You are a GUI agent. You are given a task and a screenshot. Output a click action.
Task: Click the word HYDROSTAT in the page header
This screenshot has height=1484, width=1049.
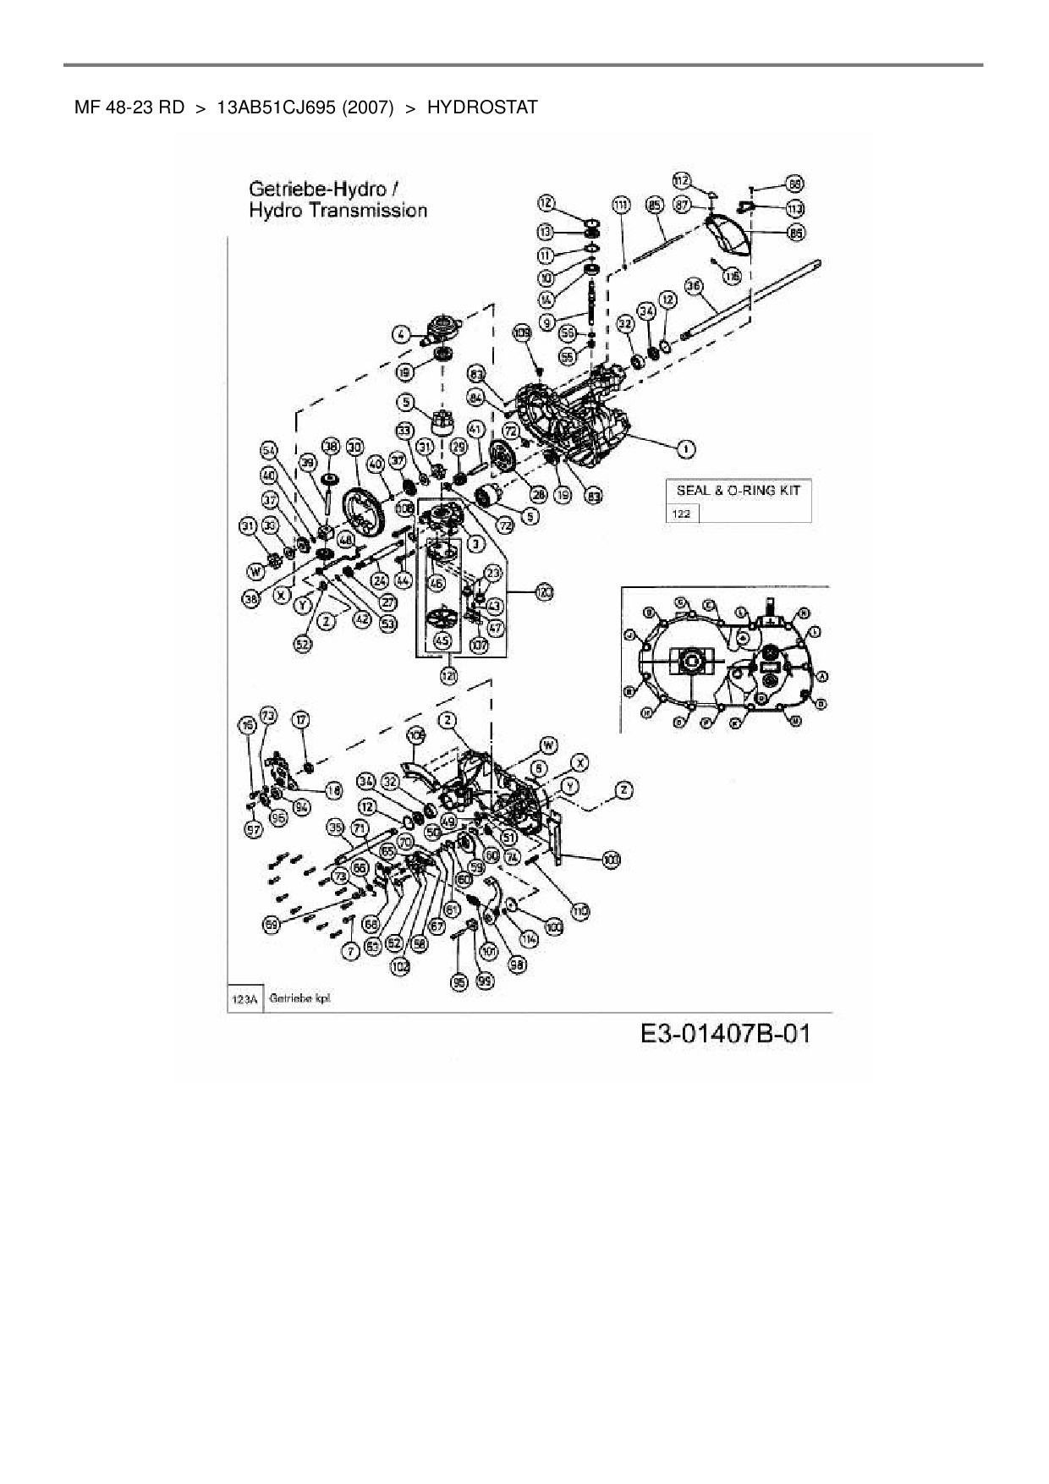482,107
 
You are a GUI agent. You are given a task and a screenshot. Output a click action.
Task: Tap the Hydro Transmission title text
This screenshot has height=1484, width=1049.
338,210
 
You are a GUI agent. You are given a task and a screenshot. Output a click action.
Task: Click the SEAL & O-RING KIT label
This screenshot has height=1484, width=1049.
738,490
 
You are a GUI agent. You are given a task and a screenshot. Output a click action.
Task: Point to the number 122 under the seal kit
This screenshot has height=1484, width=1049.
681,514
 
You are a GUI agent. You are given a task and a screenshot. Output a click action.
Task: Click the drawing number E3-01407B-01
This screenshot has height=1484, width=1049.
725,1033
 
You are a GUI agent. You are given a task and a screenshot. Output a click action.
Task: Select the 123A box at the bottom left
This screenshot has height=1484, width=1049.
244,999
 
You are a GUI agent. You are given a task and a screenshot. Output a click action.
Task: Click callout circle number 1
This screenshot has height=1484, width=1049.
685,447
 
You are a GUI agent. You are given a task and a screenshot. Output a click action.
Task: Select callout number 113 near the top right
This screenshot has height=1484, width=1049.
795,208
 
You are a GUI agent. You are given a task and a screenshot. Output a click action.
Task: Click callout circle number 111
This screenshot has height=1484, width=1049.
622,205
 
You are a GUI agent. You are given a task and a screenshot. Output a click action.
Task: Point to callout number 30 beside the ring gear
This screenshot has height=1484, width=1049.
354,447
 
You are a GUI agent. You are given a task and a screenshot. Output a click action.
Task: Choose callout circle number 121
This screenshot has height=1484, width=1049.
448,675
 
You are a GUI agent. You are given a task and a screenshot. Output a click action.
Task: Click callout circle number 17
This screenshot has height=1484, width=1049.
301,720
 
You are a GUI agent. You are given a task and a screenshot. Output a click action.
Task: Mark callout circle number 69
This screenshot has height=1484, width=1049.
272,926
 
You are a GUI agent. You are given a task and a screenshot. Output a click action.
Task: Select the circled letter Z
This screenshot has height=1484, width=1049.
623,790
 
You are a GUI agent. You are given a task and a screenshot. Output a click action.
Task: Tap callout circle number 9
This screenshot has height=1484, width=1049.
547,322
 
